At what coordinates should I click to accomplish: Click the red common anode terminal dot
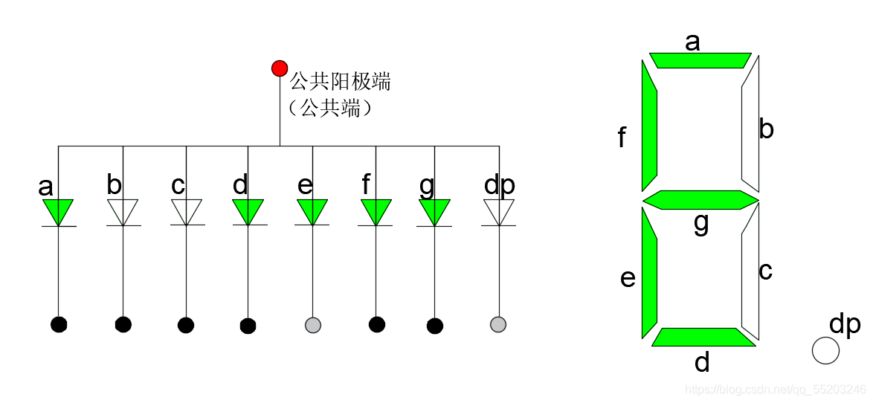point(280,68)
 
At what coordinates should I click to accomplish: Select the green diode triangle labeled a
point(59,210)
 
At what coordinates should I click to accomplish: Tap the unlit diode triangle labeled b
point(123,210)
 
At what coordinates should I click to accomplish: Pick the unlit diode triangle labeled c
point(186,210)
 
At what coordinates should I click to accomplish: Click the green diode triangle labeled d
point(248,210)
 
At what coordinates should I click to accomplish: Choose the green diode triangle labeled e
point(312,210)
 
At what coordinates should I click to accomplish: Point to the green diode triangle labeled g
point(434,210)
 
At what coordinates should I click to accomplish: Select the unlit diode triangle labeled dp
point(499,210)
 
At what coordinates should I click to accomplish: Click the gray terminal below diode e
point(313,324)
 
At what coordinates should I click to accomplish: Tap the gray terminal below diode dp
point(498,324)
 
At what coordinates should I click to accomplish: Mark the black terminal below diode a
point(59,324)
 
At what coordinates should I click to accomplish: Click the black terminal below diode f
point(377,324)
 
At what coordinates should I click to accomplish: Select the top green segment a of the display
point(700,60)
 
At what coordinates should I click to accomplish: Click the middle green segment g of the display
point(700,200)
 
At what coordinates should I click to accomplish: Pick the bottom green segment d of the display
point(703,337)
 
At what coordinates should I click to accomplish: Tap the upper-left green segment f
point(649,126)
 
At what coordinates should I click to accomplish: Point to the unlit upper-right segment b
point(750,126)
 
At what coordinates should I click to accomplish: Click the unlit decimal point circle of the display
point(825,350)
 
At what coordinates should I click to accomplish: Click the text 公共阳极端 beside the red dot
point(340,81)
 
